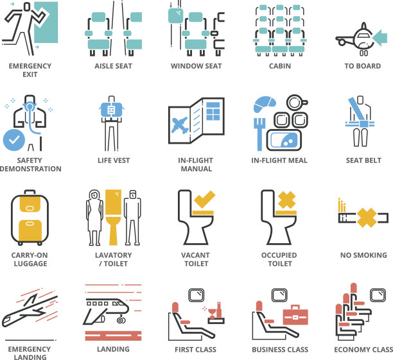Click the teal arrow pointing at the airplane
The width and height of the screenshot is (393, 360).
[380, 38]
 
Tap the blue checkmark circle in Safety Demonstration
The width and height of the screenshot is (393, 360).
[14, 140]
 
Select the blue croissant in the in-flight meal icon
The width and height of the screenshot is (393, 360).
[264, 104]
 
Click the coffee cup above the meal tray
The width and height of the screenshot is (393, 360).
[297, 103]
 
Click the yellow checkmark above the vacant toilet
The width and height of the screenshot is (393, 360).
[204, 199]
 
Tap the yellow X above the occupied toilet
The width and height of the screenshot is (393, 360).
[287, 200]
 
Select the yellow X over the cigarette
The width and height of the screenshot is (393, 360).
[367, 218]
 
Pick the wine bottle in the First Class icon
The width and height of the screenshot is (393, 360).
[219, 310]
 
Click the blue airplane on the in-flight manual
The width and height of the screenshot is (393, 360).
[179, 124]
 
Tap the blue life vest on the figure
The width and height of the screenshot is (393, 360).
[111, 110]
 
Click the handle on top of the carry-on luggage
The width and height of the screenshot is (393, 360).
[30, 192]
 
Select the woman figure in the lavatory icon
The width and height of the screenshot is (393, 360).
[94, 218]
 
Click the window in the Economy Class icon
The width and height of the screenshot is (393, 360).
[378, 295]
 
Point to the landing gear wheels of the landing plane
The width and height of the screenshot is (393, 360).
[121, 320]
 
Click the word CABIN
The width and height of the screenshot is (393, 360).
[280, 66]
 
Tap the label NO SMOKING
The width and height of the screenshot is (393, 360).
[363, 255]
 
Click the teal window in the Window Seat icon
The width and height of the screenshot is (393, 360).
[176, 16]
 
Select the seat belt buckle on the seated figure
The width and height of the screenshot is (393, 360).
[363, 124]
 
